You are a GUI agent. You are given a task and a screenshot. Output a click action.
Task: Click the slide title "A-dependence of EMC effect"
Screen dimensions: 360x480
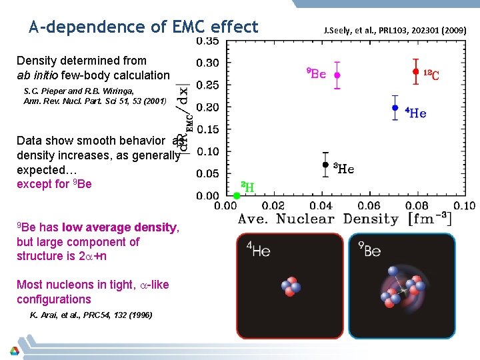coord(143,27)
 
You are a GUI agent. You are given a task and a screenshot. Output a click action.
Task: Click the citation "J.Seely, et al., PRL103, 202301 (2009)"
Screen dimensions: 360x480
coord(399,30)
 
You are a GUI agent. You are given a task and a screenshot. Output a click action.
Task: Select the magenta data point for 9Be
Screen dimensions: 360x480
coord(337,75)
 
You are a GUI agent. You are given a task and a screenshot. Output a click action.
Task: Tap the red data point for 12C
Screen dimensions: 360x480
coord(415,71)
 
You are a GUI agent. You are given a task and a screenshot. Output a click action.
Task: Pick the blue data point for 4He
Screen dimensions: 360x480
coord(395,107)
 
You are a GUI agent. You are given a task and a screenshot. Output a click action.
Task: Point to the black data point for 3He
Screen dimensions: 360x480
coord(325,164)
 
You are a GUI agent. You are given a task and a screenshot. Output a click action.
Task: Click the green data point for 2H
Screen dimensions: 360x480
coord(236,195)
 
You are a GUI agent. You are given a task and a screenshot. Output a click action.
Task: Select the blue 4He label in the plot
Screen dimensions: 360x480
coord(416,113)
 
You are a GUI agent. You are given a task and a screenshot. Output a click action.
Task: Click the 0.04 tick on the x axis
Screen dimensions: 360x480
coord(320,206)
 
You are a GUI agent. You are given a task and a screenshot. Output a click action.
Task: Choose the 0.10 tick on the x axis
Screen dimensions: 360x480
coord(465,206)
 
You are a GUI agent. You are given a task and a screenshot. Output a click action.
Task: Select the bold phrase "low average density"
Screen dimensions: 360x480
coord(119,227)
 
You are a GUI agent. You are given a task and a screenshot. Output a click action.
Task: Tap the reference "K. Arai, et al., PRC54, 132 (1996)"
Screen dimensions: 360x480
coord(91,315)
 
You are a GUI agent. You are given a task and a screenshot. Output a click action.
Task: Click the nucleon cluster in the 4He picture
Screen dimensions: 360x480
coord(291,287)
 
